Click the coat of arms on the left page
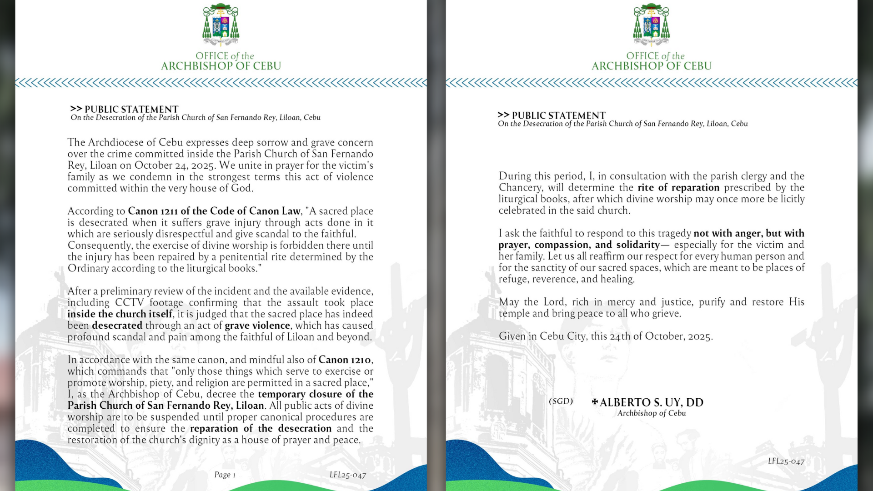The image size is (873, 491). (221, 25)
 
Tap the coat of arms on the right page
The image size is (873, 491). (651, 25)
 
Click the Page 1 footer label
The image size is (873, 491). (225, 475)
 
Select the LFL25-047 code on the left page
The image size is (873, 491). (347, 475)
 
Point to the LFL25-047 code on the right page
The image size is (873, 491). (786, 461)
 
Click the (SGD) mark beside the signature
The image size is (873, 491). (561, 401)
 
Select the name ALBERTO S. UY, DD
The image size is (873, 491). (652, 402)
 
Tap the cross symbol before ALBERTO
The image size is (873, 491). (595, 402)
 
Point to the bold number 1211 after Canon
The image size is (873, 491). (169, 211)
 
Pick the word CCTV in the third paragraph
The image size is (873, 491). (129, 302)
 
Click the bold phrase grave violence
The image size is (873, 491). (257, 326)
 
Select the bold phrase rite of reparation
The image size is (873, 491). (678, 187)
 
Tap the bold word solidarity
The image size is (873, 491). (637, 245)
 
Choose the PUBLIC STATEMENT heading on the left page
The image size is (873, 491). (131, 109)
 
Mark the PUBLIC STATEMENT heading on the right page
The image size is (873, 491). (558, 115)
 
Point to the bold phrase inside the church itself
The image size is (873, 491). (120, 314)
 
